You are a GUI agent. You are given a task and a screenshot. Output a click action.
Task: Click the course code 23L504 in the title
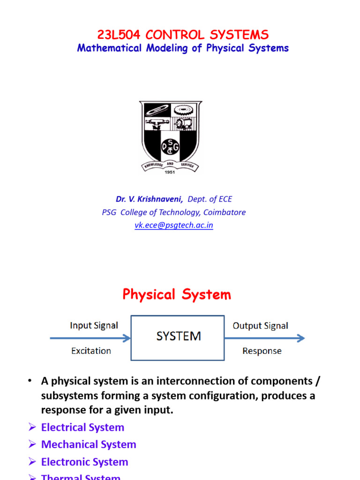[x=119, y=35]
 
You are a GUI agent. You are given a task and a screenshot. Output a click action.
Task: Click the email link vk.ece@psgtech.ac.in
[x=174, y=225]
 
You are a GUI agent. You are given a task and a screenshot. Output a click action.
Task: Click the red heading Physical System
[x=177, y=295]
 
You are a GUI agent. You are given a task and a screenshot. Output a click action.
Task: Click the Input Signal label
[x=94, y=325]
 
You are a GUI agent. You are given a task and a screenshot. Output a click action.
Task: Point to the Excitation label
[x=91, y=351]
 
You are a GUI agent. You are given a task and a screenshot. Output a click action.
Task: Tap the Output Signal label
[x=261, y=325]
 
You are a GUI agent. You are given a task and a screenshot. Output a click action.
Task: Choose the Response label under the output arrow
[x=262, y=351]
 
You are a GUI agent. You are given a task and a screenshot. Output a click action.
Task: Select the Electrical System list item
[x=82, y=427]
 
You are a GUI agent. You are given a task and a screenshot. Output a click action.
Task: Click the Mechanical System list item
[x=89, y=444]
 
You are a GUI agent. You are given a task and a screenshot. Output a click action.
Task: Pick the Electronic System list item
[x=84, y=462]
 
